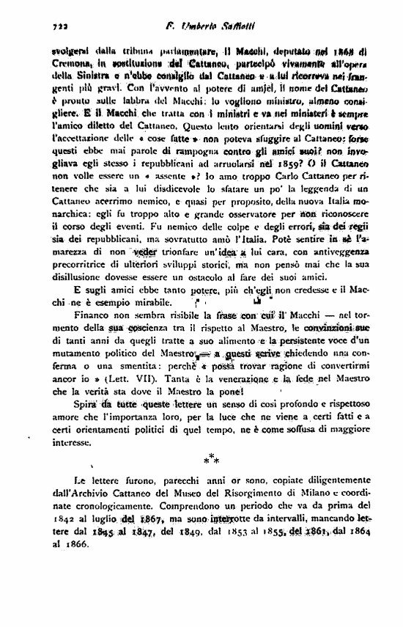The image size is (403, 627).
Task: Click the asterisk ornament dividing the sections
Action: click(x=211, y=460)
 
